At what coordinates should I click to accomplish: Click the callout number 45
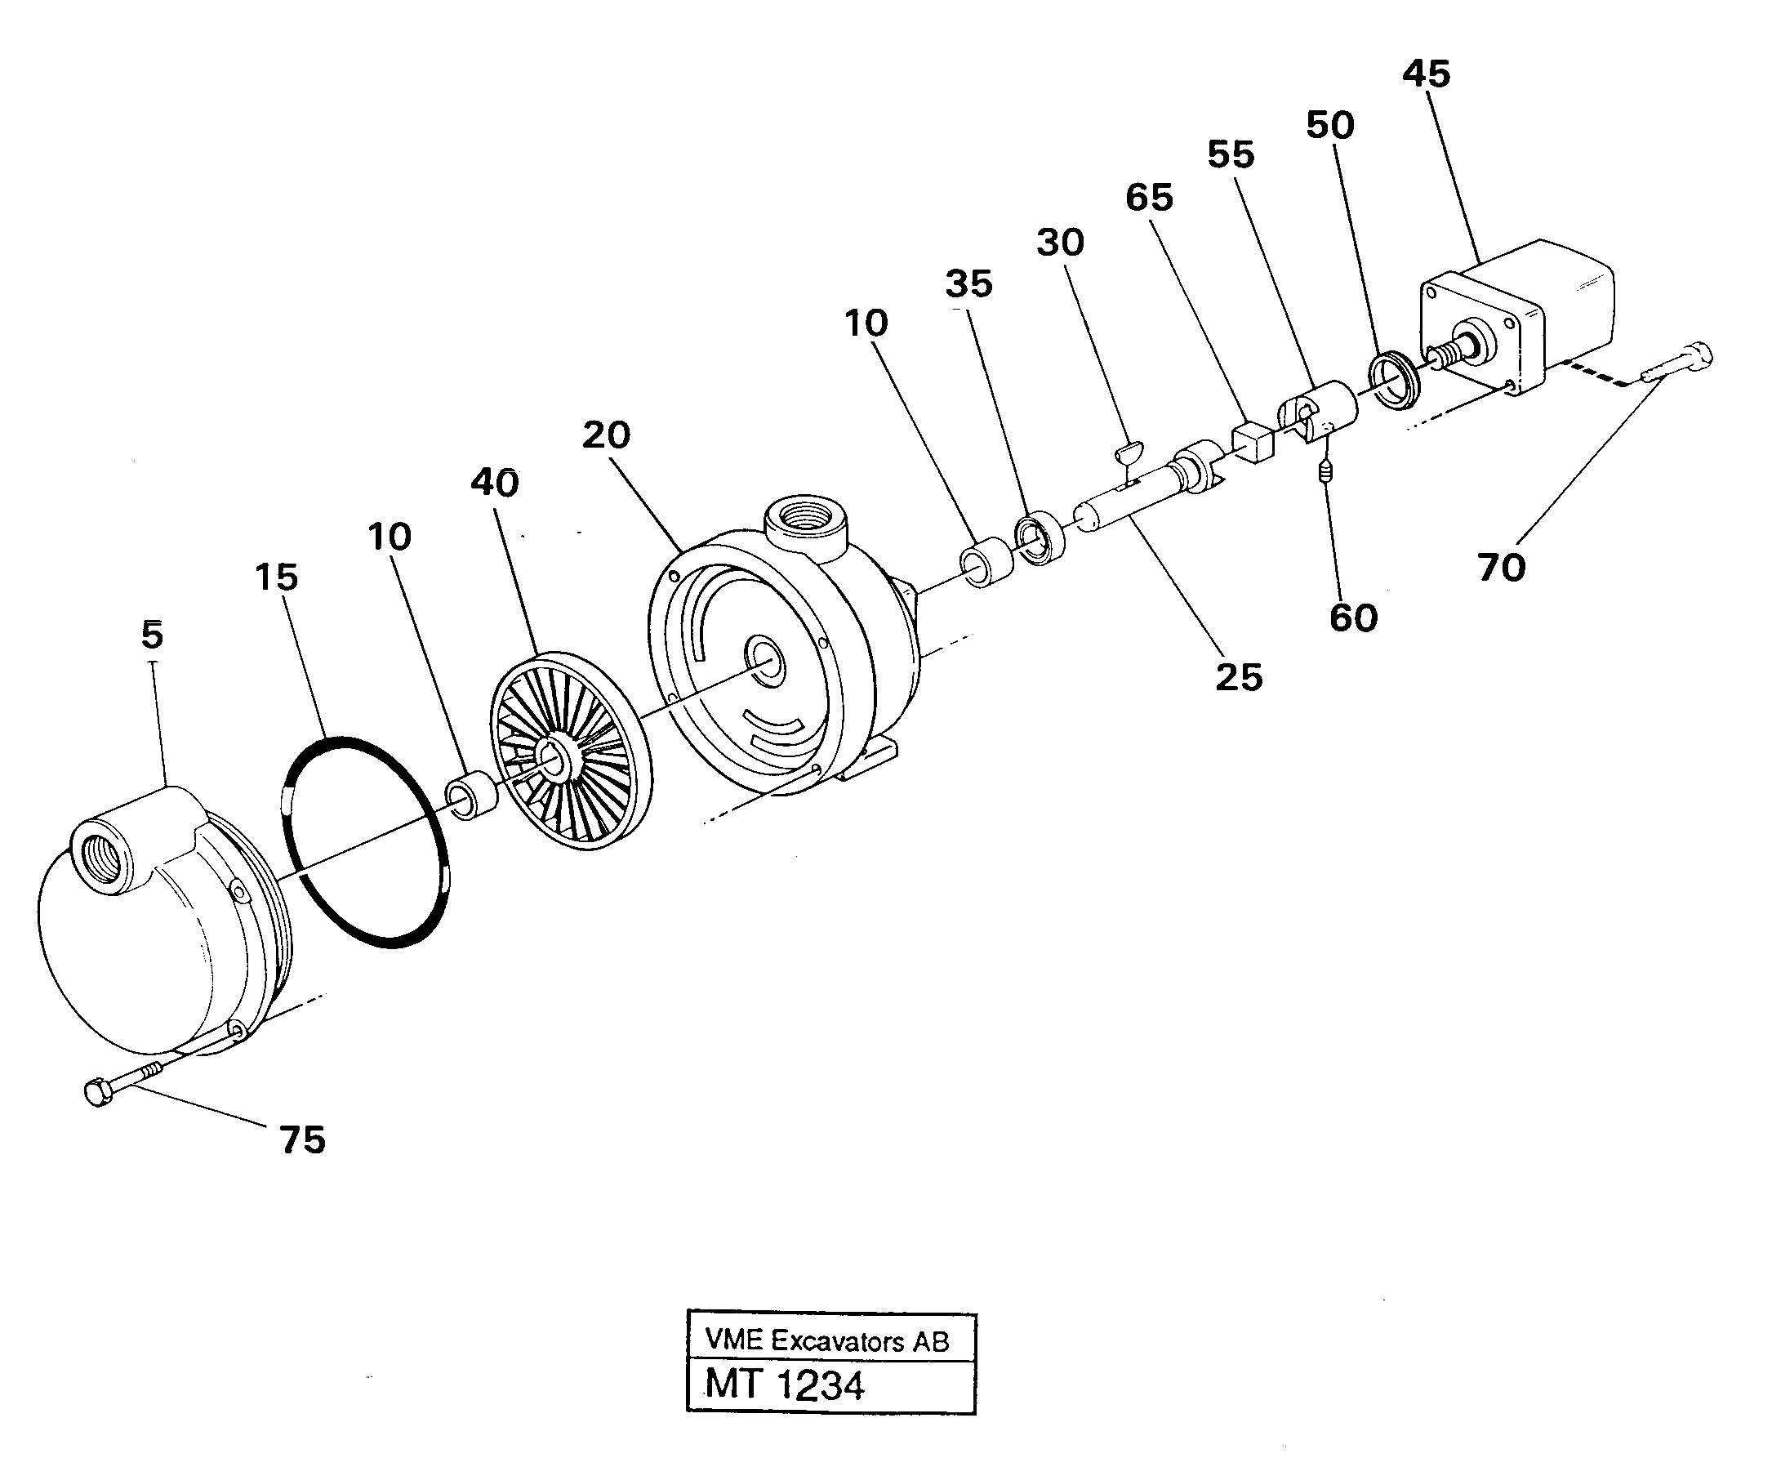1426,74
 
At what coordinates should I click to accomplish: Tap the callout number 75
302,1140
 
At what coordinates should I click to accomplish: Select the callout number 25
1238,677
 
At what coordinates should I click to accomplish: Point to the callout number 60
1353,618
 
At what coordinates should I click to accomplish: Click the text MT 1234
784,1385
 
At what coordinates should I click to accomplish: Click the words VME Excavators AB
827,1340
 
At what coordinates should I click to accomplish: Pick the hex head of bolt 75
98,1093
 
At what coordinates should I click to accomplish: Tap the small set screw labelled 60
1327,472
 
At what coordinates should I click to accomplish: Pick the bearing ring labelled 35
1040,537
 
